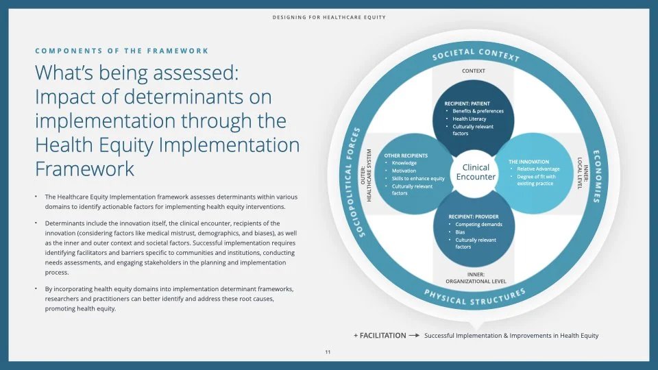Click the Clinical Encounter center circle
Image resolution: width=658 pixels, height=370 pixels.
click(x=476, y=172)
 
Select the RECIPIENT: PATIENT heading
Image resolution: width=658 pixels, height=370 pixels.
click(x=466, y=103)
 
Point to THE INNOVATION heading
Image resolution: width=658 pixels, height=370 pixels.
click(x=528, y=162)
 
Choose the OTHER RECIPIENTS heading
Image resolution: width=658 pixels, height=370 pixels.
click(x=406, y=156)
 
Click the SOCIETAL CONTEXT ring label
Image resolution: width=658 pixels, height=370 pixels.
click(x=476, y=56)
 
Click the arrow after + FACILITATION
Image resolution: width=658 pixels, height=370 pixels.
click(x=414, y=336)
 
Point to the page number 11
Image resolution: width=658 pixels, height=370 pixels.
click(x=328, y=352)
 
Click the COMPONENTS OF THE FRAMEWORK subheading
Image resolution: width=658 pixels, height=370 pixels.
click(x=122, y=51)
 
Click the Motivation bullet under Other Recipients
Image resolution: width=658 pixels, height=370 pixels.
click(x=404, y=171)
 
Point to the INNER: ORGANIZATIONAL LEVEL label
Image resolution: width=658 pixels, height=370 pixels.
click(x=476, y=277)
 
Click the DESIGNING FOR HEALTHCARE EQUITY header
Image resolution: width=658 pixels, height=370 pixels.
click(x=328, y=17)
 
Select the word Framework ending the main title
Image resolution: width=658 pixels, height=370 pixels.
click(x=84, y=169)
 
